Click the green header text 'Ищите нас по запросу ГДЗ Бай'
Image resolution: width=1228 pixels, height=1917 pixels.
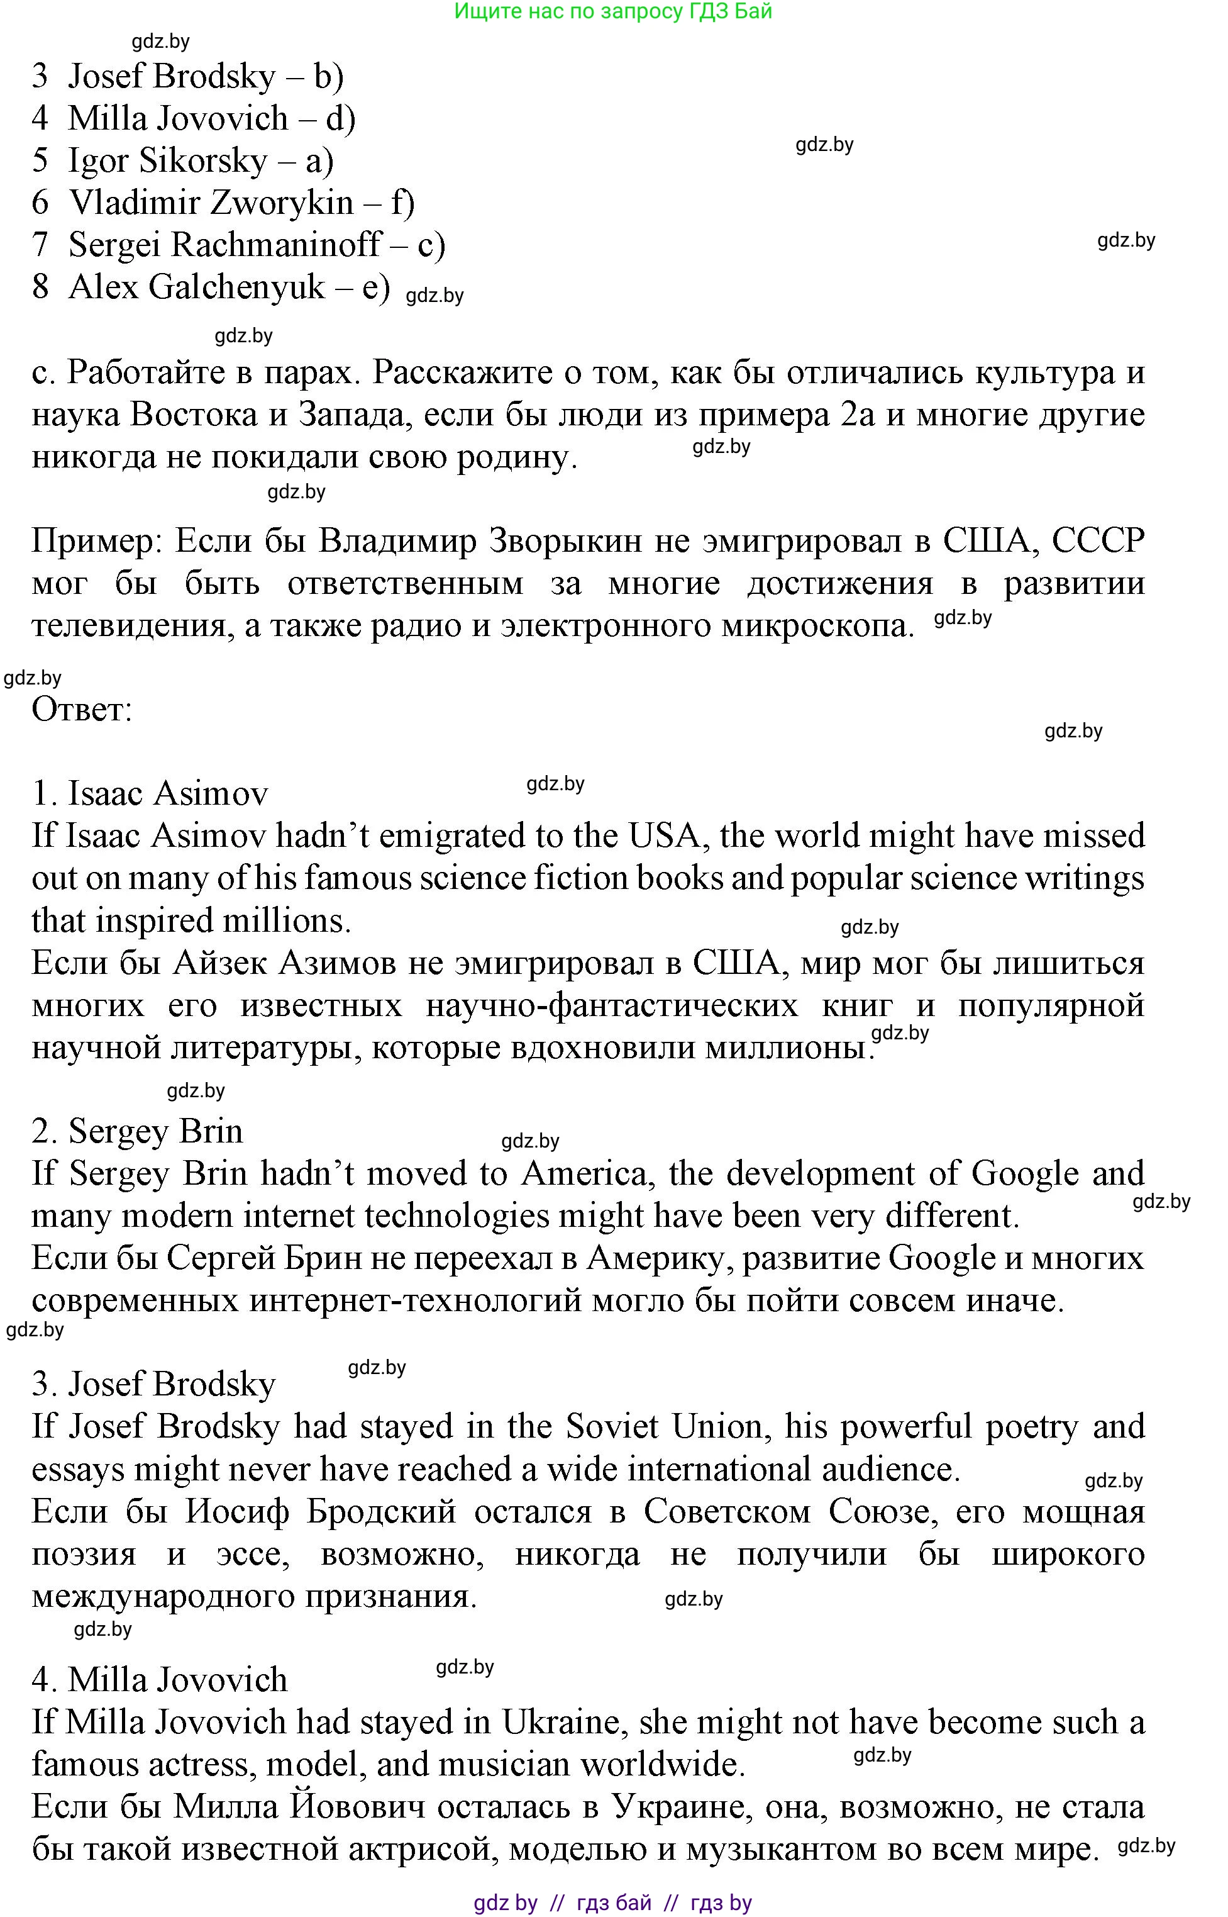612,11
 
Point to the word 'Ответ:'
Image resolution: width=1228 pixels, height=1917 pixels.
81,708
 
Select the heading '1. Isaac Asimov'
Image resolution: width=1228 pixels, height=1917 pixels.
150,793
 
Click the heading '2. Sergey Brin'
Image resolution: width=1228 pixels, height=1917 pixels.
137,1131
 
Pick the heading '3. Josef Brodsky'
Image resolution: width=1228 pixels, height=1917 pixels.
153,1384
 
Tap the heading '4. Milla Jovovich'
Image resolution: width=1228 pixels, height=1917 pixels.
160,1679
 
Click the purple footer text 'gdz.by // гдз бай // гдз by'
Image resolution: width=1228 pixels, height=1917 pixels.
612,1903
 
